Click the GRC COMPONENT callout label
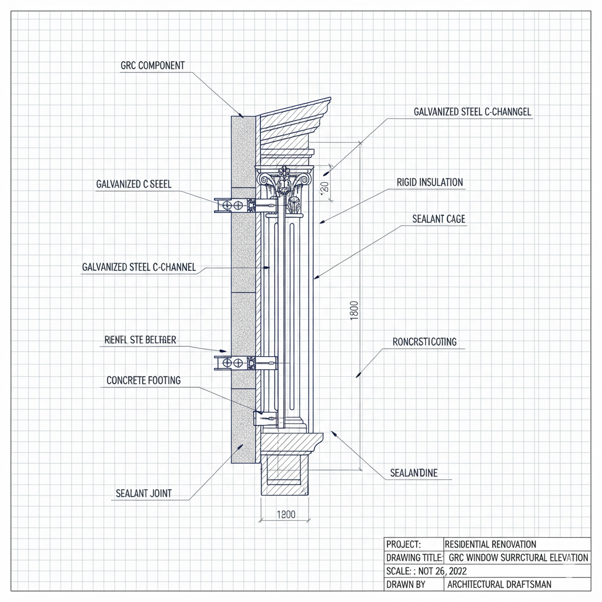[152, 66]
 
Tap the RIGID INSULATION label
[430, 182]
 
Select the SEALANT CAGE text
[439, 219]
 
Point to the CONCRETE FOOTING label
[143, 380]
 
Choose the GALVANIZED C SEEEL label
[133, 184]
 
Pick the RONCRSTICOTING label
[424, 342]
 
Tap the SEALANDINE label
[413, 473]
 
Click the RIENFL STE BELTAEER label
[140, 340]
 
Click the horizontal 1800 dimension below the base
[285, 514]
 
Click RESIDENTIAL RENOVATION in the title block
[490, 544]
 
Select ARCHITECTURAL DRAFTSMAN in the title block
[499, 584]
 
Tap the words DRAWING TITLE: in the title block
[414, 557]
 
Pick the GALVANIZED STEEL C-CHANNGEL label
[473, 112]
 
